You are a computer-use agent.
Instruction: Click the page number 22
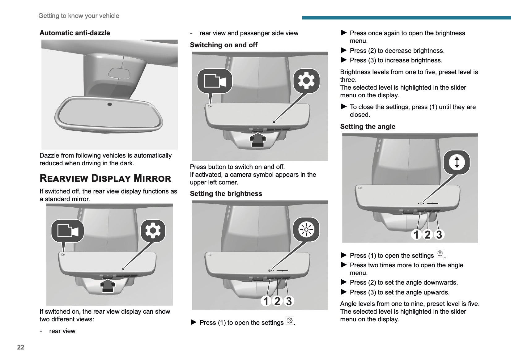point(21,347)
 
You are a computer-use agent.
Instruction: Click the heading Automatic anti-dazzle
point(75,33)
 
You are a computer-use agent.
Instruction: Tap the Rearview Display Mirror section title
point(105,178)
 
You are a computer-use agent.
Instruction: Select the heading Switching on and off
point(224,45)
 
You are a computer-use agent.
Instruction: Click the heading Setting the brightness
point(226,194)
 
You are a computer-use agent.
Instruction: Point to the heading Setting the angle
point(368,127)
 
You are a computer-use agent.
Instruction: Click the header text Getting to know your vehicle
point(79,16)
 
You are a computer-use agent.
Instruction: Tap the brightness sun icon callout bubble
point(306,230)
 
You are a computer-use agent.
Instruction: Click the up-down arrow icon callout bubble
point(457,162)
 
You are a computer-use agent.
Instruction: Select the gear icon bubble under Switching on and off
point(306,81)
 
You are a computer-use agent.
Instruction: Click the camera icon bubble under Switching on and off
point(215,81)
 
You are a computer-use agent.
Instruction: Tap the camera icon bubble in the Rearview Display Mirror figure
point(67,231)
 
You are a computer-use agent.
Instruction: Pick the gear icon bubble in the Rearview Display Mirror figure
point(153,231)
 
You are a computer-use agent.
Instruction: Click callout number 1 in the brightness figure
point(266,301)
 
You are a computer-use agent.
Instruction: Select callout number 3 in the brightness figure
point(289,301)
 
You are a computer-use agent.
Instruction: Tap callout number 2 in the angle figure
point(428,235)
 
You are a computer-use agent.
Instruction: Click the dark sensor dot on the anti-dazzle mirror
point(110,104)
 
